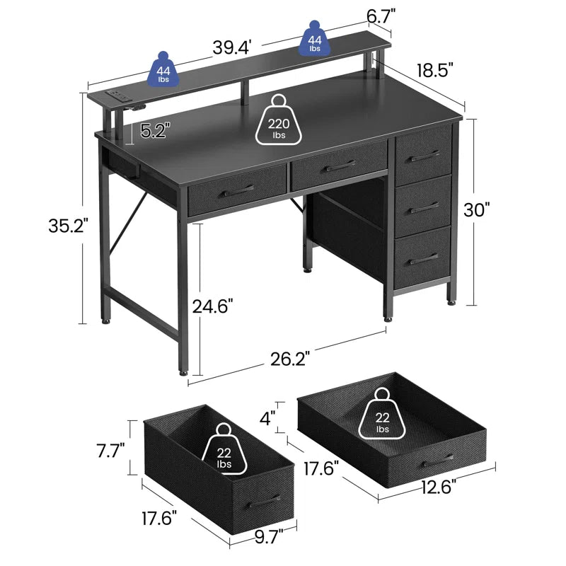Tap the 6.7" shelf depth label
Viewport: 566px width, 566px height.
click(x=380, y=15)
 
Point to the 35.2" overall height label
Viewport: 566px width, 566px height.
click(x=62, y=226)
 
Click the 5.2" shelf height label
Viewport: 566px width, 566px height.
click(x=155, y=131)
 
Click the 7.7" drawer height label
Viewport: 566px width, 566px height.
click(x=112, y=449)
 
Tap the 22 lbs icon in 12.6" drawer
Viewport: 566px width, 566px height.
click(x=383, y=418)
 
